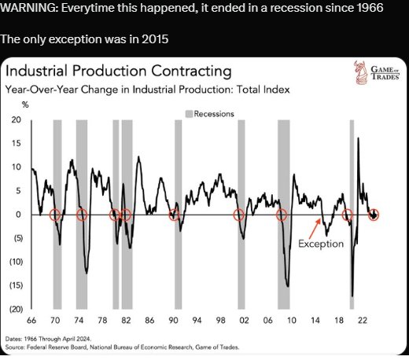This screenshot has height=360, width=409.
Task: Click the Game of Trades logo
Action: click(x=377, y=72)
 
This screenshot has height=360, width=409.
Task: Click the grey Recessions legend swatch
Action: click(x=189, y=114)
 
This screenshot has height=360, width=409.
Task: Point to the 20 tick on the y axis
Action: click(x=17, y=119)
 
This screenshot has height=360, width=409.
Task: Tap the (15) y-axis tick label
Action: click(x=17, y=285)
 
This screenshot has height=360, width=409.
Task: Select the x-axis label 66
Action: click(x=31, y=320)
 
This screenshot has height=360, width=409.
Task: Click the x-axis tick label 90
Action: click(x=173, y=320)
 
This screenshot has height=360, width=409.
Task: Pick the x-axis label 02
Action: click(x=244, y=320)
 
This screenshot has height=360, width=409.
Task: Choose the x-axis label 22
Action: click(x=363, y=320)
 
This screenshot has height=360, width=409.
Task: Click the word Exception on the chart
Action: click(x=321, y=244)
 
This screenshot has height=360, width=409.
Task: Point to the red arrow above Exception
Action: click(x=315, y=228)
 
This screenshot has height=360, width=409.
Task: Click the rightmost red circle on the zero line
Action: click(x=374, y=215)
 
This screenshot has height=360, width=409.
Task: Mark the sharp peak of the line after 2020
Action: click(x=359, y=138)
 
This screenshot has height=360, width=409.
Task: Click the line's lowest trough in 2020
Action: click(x=352, y=296)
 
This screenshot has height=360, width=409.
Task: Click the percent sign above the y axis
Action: click(x=25, y=105)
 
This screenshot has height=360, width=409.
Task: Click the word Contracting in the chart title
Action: click(x=191, y=71)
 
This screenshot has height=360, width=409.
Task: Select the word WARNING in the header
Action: click(x=29, y=8)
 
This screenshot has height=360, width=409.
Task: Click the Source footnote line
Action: click(x=122, y=347)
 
